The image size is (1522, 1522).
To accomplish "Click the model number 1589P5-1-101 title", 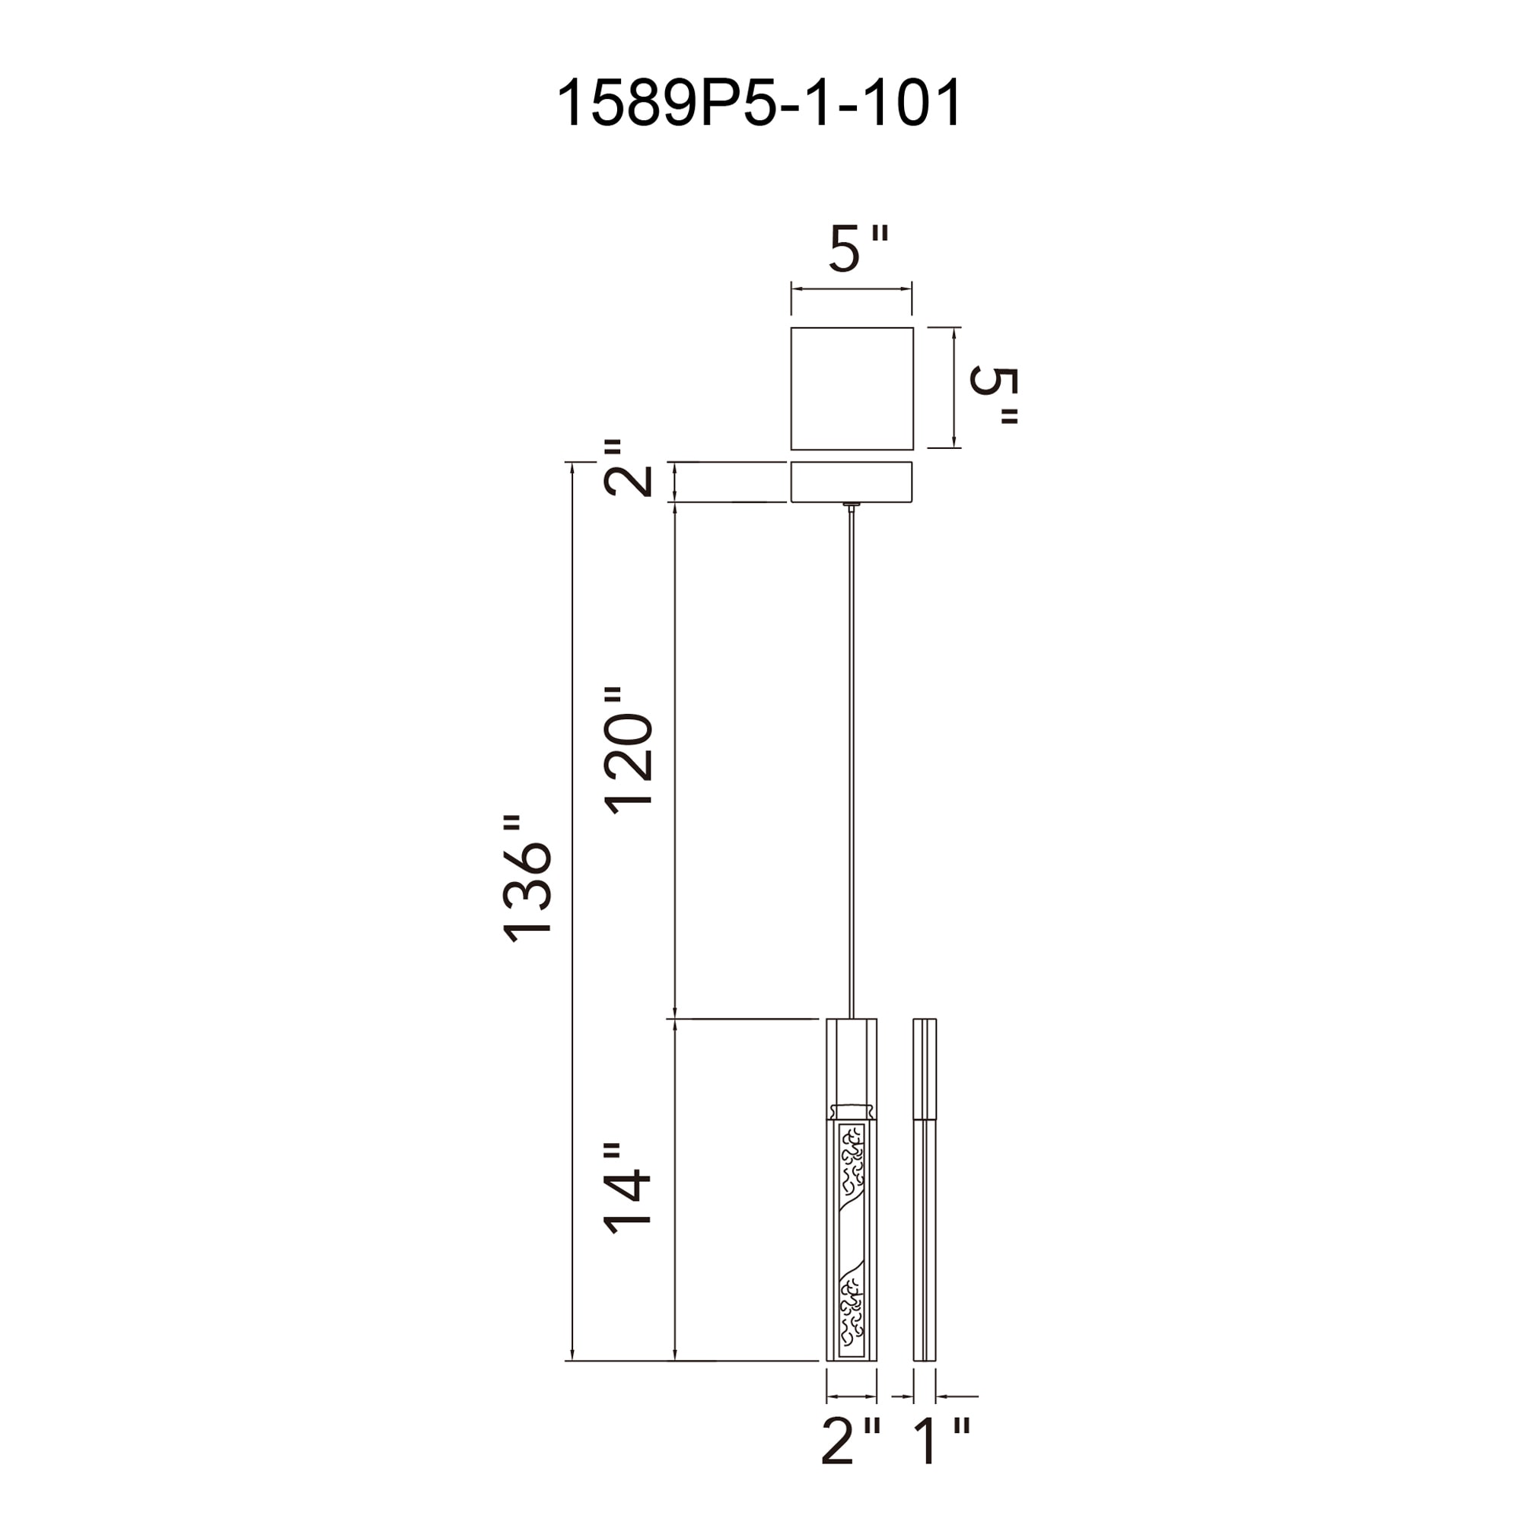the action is (759, 103).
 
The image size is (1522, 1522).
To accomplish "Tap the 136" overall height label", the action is (527, 878).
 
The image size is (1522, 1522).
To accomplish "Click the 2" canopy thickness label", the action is (628, 467).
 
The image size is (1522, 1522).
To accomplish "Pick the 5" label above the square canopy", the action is (858, 248).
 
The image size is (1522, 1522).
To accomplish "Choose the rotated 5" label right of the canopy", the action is (994, 396).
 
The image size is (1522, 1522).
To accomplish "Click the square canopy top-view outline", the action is (852, 327).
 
